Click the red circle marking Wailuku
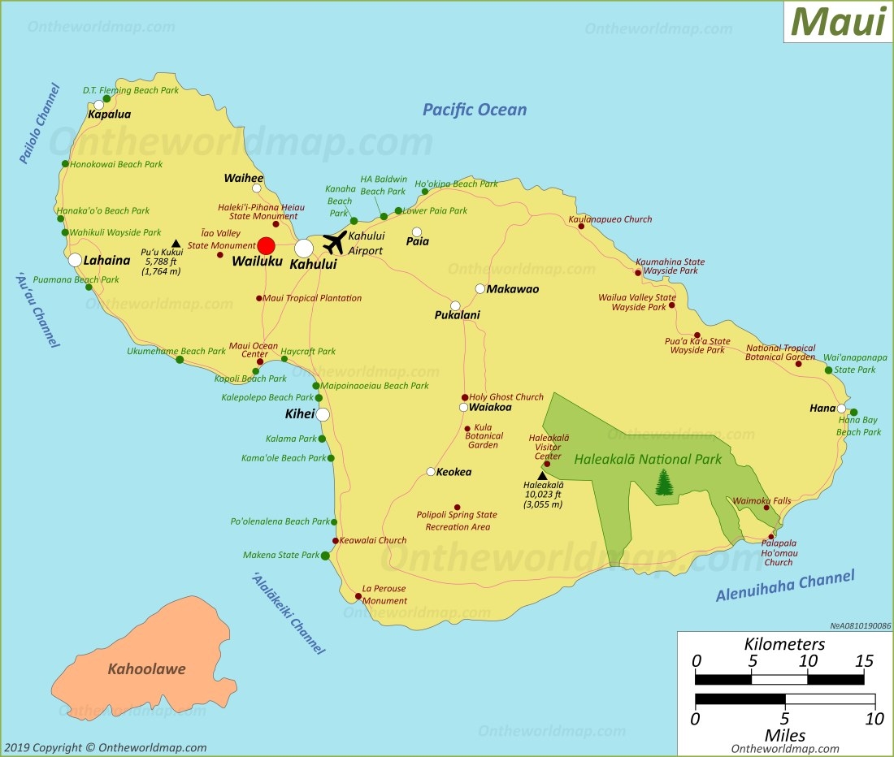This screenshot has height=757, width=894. pyautogui.click(x=267, y=246)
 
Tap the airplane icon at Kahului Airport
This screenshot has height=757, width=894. pyautogui.click(x=334, y=242)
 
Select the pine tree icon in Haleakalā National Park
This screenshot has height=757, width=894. pyautogui.click(x=665, y=482)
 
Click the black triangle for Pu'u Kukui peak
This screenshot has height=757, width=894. pyautogui.click(x=176, y=243)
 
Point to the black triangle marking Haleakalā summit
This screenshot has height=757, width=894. pyautogui.click(x=542, y=476)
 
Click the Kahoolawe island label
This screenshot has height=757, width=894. pyautogui.click(x=146, y=669)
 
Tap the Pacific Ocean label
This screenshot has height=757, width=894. pyautogui.click(x=474, y=110)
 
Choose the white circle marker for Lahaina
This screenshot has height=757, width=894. pyautogui.click(x=75, y=260)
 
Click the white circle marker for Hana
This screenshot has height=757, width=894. pyautogui.click(x=842, y=409)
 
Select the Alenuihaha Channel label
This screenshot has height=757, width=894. pyautogui.click(x=784, y=586)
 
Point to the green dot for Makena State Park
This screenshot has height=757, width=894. pyautogui.click(x=325, y=556)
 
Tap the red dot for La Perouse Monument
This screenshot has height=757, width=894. pyautogui.click(x=358, y=597)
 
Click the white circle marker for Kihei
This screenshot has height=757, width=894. pyautogui.click(x=323, y=414)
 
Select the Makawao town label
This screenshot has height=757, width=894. pyautogui.click(x=512, y=289)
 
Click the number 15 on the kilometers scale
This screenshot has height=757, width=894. pyautogui.click(x=863, y=660)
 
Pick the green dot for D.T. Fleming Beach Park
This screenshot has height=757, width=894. pyautogui.click(x=106, y=99)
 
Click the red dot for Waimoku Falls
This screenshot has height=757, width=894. pyautogui.click(x=766, y=508)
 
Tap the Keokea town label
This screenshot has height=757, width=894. pyautogui.click(x=454, y=472)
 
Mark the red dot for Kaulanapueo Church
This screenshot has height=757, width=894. pyautogui.click(x=581, y=226)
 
